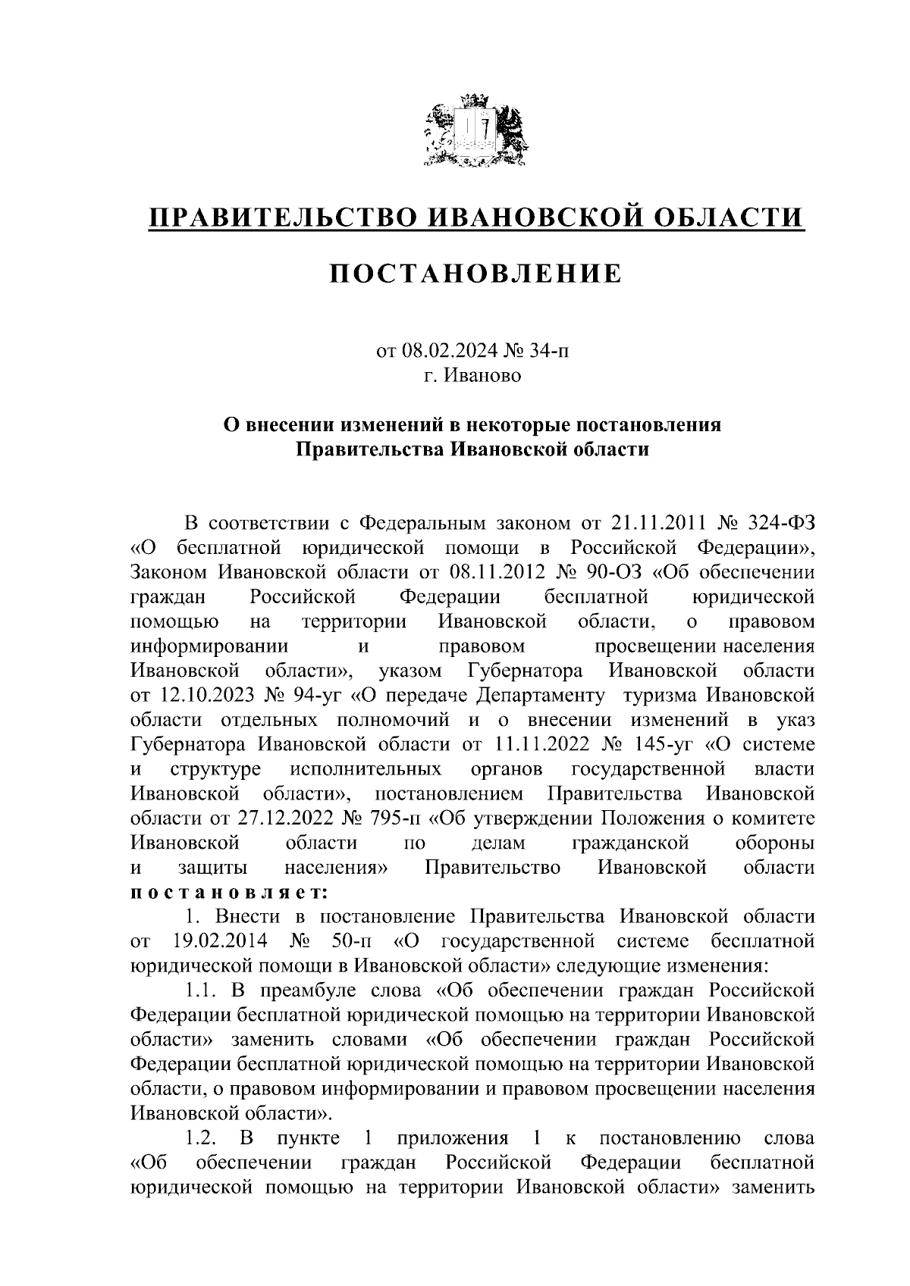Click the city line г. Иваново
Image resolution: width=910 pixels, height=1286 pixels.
tap(472, 375)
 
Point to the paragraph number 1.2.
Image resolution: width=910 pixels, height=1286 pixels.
tap(201, 1138)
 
